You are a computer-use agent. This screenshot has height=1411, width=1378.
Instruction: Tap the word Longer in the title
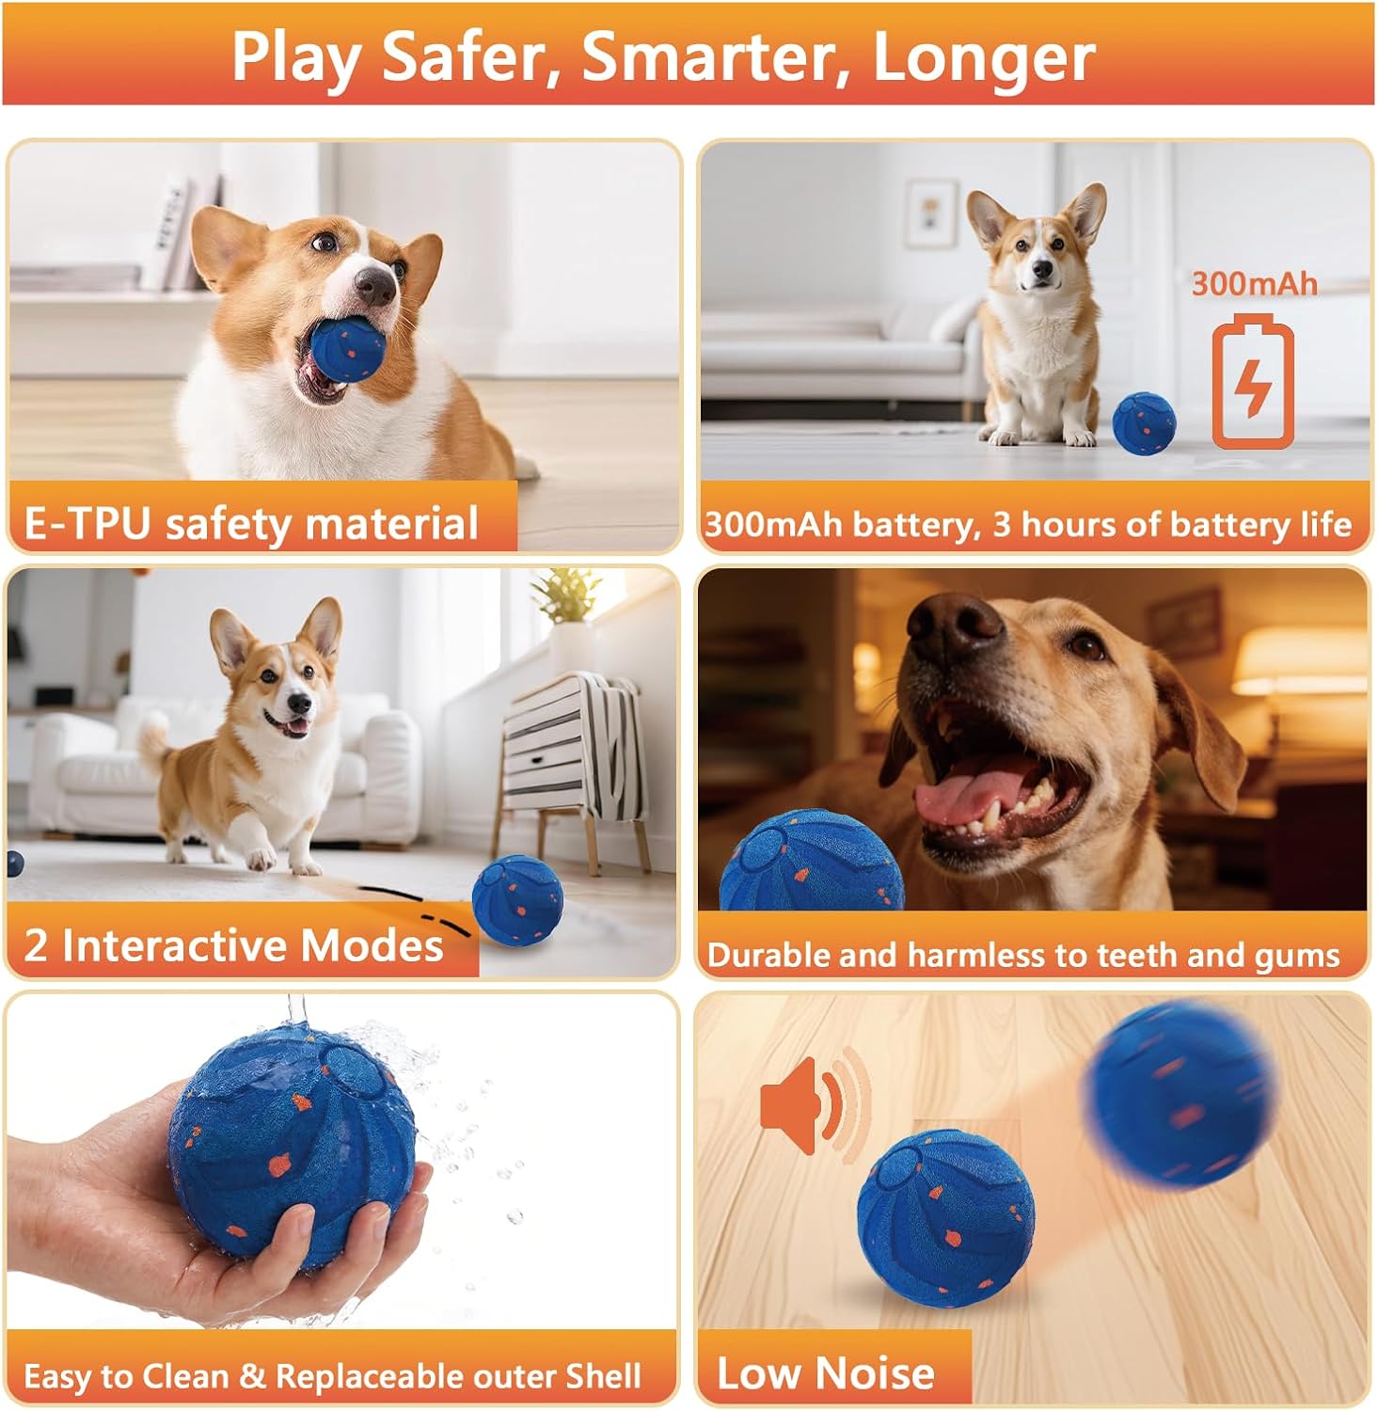983,58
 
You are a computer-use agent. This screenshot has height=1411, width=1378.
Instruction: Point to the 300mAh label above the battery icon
1254,284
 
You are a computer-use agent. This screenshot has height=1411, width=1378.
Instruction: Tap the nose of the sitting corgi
1041,271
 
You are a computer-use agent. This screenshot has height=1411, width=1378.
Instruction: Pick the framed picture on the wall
930,213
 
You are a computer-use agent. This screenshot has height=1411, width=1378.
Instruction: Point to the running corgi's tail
153,739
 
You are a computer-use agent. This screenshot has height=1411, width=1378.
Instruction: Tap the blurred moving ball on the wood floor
1180,1090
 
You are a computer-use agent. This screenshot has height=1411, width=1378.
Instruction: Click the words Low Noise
825,1372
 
